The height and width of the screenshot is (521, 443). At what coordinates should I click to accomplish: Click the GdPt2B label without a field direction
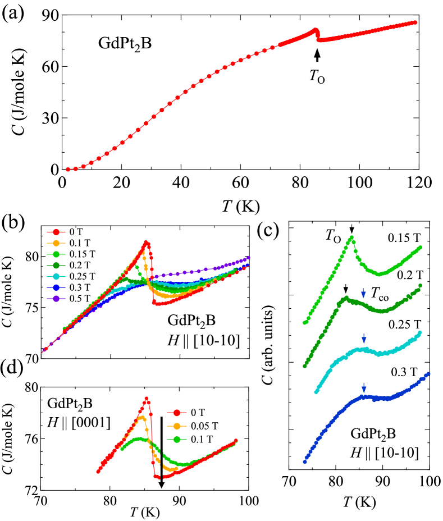pos(125,44)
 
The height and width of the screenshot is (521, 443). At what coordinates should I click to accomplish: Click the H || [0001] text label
pos(79,422)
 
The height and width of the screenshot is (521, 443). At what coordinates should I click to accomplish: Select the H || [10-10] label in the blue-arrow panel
pos(385,453)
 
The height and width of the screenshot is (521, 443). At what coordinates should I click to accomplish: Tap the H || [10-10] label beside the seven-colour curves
pos(204,340)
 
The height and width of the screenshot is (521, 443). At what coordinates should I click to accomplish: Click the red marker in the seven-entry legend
pos(56,231)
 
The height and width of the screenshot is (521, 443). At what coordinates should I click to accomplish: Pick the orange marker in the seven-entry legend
pos(56,243)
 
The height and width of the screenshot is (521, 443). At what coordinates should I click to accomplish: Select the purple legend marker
pos(56,299)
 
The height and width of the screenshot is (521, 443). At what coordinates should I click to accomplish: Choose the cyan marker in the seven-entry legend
pos(56,276)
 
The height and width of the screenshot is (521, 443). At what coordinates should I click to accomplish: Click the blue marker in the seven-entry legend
pos(56,287)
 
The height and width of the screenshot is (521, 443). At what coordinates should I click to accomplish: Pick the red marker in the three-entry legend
pos(177,413)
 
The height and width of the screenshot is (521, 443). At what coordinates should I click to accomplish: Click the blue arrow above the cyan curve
pos(364,338)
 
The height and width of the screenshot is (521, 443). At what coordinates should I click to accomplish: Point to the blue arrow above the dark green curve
pos(364,293)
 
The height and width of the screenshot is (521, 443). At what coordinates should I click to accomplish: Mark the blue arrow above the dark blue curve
pos(364,387)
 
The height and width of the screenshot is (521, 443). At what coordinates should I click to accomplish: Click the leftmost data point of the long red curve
pos(68,169)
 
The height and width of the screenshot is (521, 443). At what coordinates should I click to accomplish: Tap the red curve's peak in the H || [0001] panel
pos(147,398)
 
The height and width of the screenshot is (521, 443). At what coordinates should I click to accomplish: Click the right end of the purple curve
pos(249,258)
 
